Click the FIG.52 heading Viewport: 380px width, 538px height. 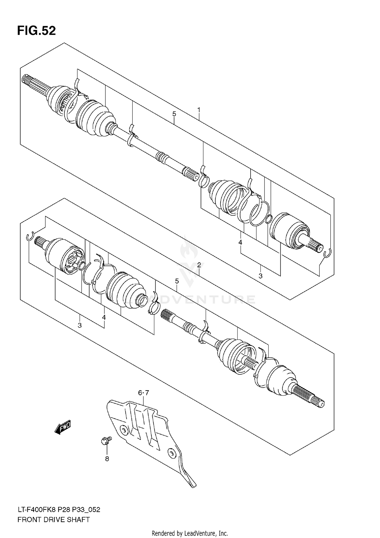36,31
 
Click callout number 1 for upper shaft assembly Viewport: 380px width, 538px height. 199,110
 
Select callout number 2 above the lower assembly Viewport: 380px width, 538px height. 199,265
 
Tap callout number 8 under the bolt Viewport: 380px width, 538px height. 107,459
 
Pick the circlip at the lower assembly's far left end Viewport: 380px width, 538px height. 30,236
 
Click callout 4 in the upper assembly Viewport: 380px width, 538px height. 240,242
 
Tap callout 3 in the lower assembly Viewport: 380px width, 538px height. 80,325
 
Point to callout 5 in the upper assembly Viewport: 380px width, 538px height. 174,114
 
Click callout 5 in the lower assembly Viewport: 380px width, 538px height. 177,281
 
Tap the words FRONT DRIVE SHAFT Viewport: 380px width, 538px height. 53,520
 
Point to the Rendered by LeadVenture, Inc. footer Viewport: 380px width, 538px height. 190,533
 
